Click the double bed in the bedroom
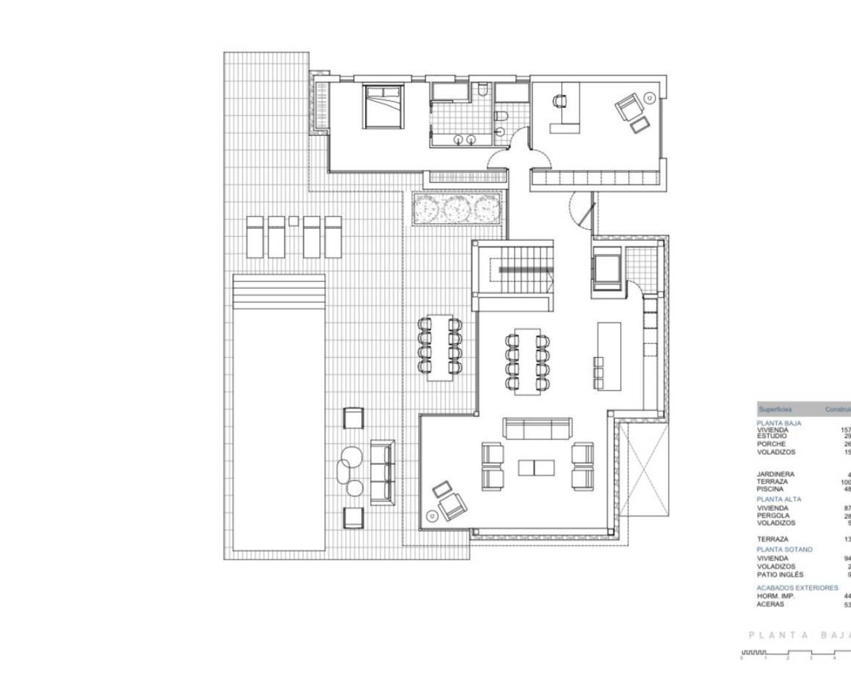click(382, 106)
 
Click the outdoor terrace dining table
click(439, 346)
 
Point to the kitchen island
click(609, 356)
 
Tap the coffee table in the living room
click(535, 468)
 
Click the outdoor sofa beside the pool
click(382, 471)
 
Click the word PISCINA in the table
click(770, 489)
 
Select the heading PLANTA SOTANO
click(784, 550)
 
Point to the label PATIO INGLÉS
click(780, 575)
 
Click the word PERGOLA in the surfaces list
click(773, 515)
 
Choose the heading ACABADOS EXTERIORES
click(797, 588)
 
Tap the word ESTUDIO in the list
click(771, 436)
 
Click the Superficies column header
click(775, 410)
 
